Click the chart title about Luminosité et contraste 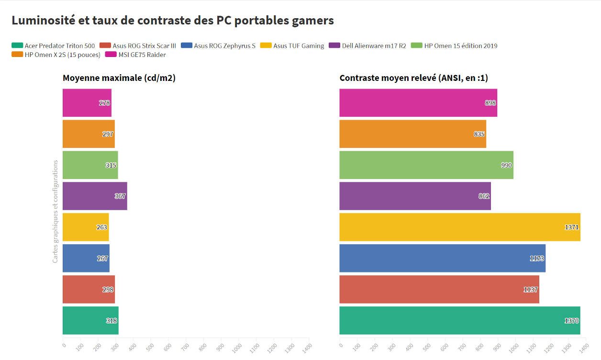172,21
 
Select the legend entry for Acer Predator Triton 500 53,46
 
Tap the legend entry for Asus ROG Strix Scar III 138,46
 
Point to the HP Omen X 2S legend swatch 17,55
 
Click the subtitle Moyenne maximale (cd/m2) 119,78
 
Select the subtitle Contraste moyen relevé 413,78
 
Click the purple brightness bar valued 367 94,196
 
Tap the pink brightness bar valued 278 87,103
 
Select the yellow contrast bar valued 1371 459,227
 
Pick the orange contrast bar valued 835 412,134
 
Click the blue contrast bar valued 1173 442,258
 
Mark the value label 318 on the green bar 111,321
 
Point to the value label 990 506,165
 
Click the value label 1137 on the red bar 530,290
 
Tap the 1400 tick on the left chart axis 306,345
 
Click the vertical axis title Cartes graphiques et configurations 56,211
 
